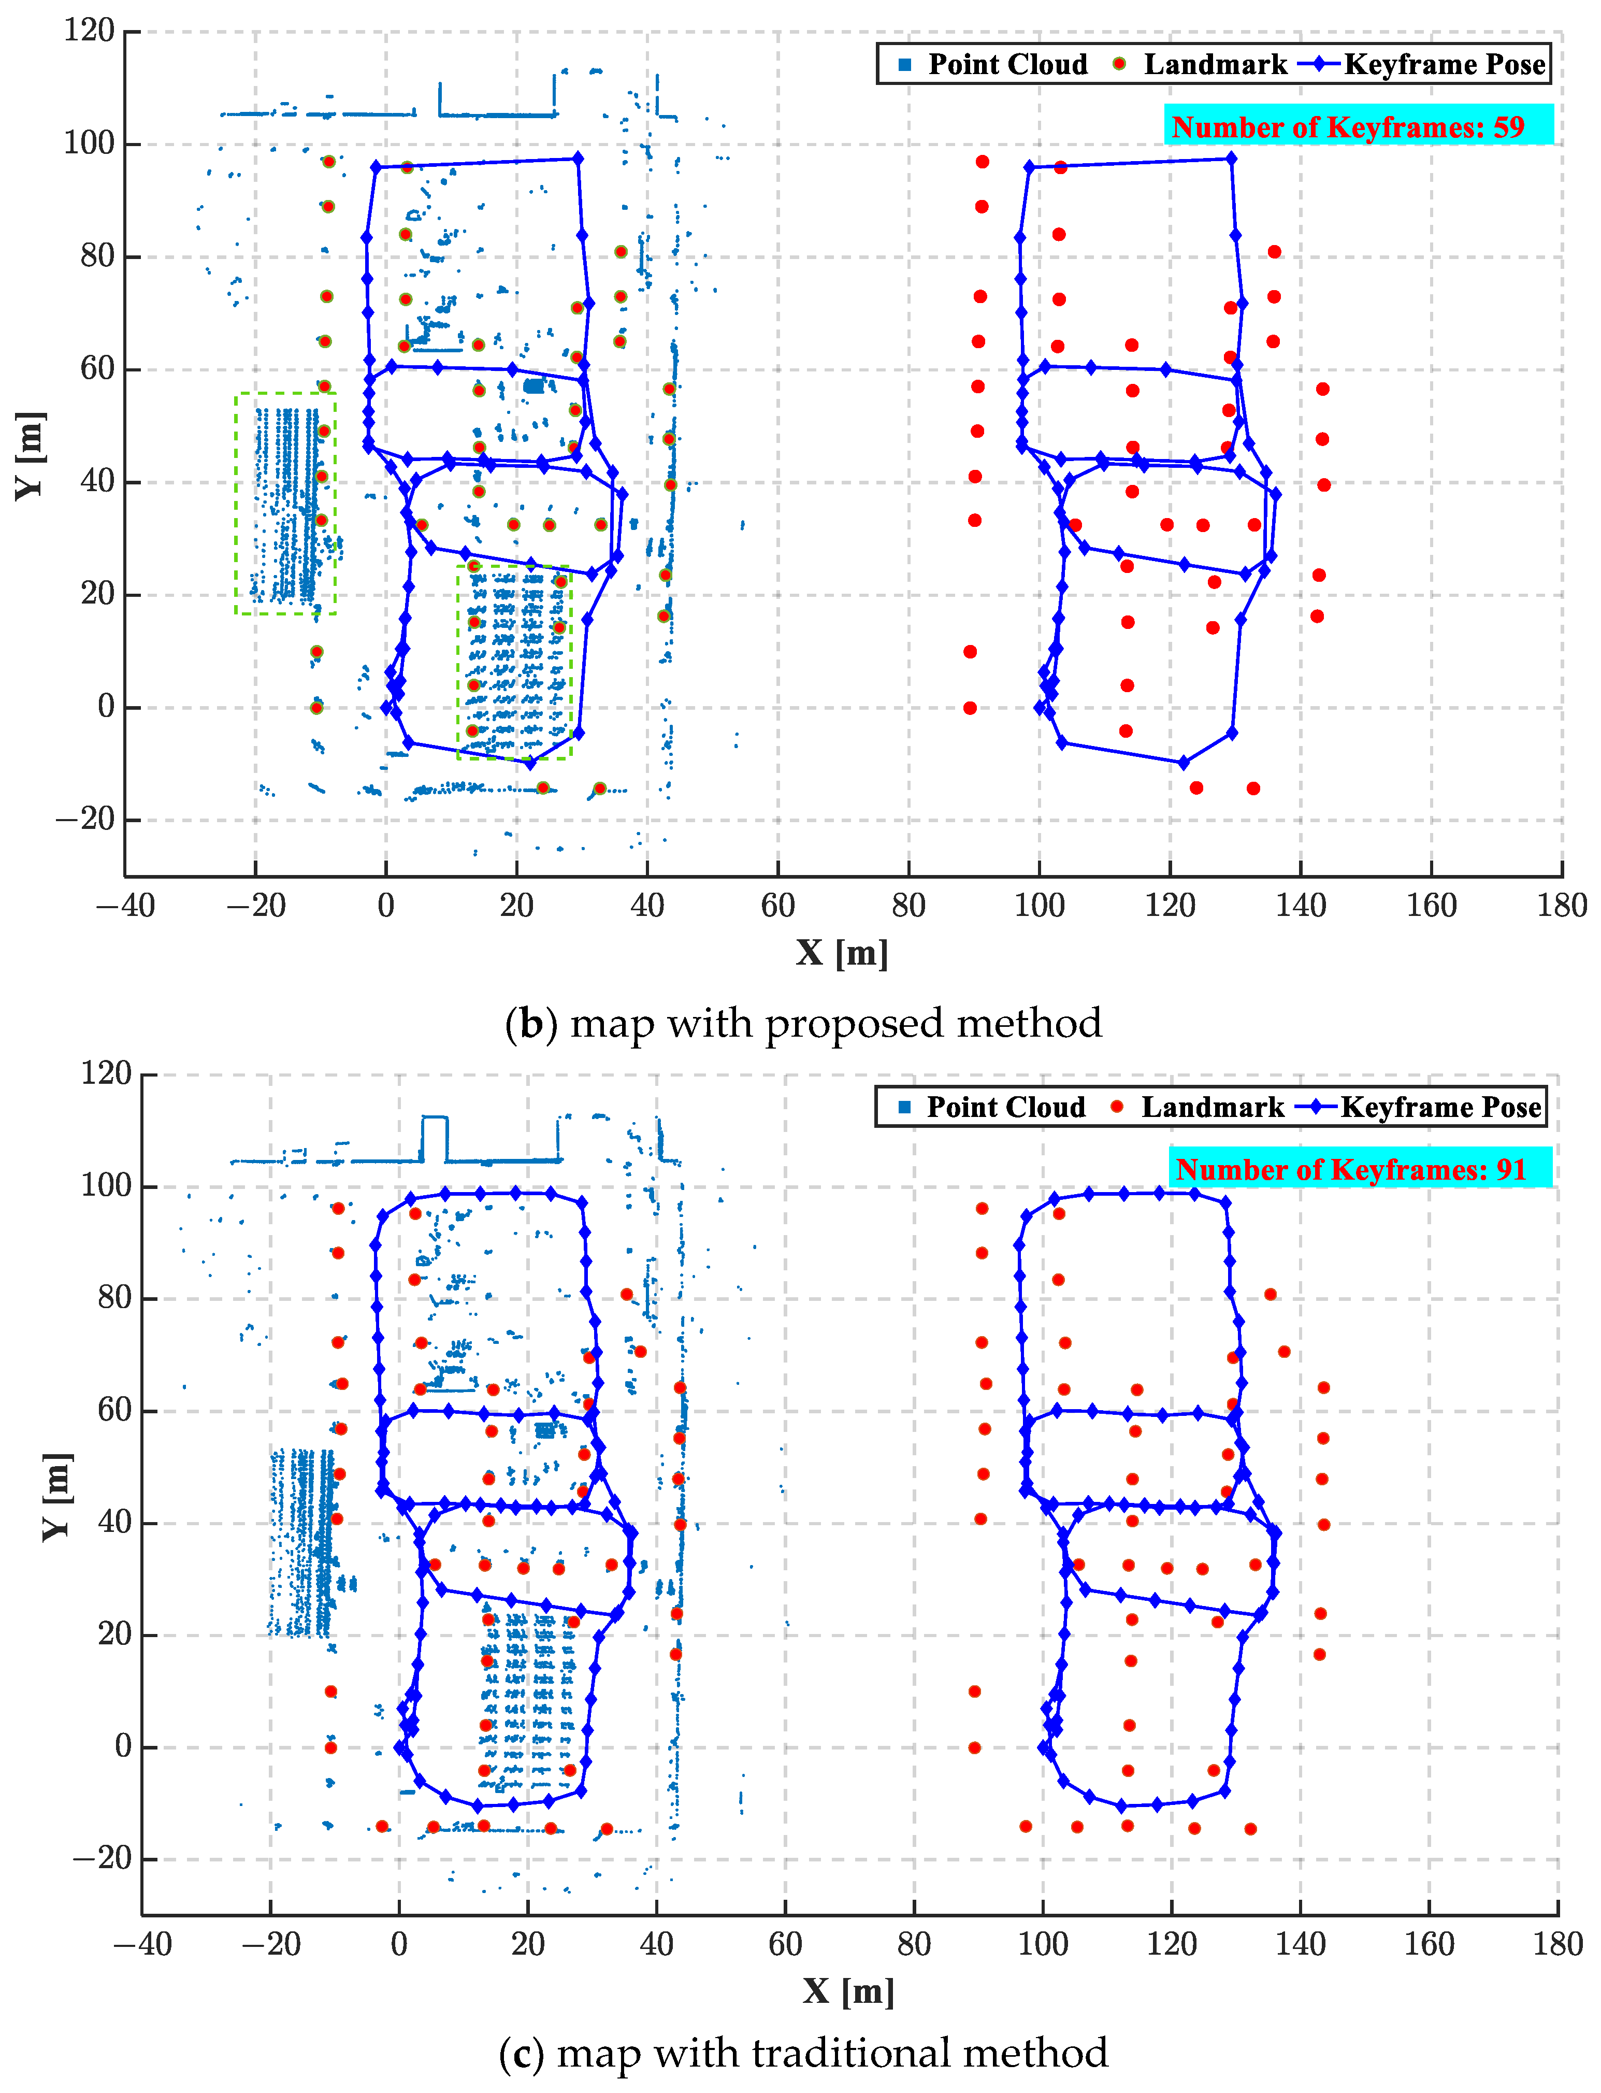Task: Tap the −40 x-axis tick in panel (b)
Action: click(x=125, y=906)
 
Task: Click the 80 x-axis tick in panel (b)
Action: click(x=908, y=906)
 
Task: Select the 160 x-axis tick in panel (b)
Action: click(x=1432, y=906)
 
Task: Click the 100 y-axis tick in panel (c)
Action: click(x=106, y=1186)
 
